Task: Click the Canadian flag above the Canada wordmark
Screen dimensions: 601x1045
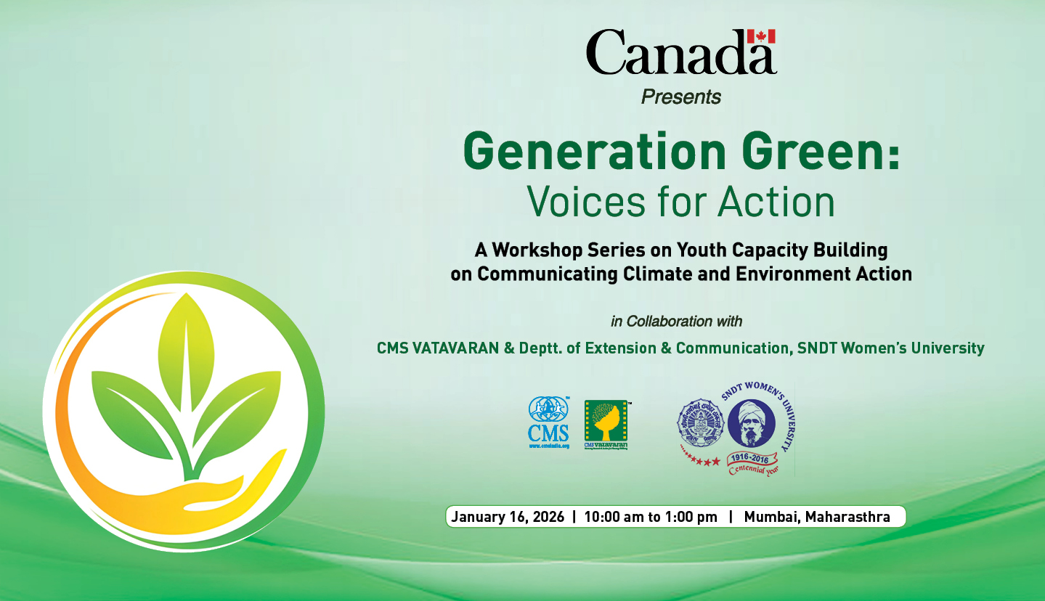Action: pyautogui.click(x=761, y=36)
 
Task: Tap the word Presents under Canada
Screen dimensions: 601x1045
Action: pyautogui.click(x=680, y=97)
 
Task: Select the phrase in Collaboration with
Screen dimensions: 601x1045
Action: pyautogui.click(x=676, y=321)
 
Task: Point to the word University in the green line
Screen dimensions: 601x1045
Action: pyautogui.click(x=941, y=348)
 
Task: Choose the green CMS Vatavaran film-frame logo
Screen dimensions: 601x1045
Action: pyautogui.click(x=606, y=424)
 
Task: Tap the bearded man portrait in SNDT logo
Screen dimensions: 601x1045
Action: pyautogui.click(x=751, y=425)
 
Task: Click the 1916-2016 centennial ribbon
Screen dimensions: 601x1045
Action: pyautogui.click(x=752, y=462)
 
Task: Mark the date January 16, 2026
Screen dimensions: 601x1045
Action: pyautogui.click(x=507, y=518)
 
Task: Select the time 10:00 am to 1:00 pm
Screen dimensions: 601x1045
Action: pyautogui.click(x=650, y=518)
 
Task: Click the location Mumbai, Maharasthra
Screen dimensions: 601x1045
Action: pyautogui.click(x=817, y=518)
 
